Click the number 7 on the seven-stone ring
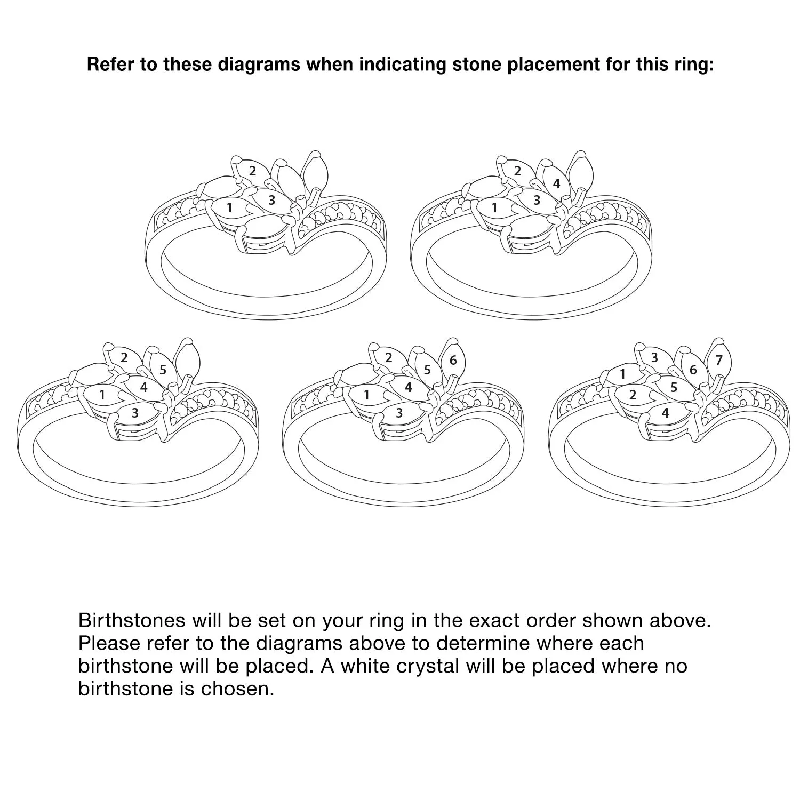(x=719, y=361)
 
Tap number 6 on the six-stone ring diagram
(x=453, y=361)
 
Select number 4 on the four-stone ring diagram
(x=557, y=183)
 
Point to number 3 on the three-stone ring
(x=272, y=201)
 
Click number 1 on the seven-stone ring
(x=623, y=374)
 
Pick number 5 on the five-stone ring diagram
(x=163, y=369)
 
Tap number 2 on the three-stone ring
(x=253, y=171)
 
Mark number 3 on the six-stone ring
(x=399, y=413)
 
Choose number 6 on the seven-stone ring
(x=693, y=369)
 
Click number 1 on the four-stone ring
(x=494, y=207)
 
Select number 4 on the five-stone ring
(x=143, y=387)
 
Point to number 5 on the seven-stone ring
(x=674, y=387)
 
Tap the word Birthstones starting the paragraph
(x=132, y=620)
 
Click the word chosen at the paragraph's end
(x=237, y=689)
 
